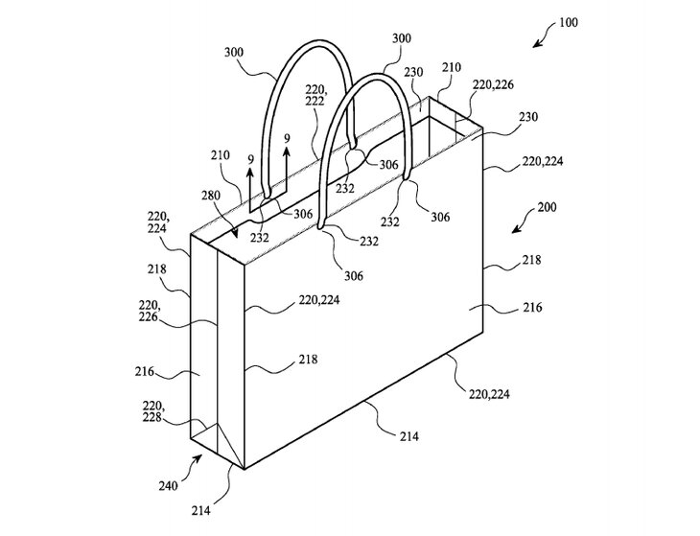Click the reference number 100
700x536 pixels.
(x=569, y=22)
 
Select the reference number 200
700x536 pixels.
(x=547, y=207)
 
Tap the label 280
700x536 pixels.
(x=211, y=196)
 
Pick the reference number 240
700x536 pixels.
(x=169, y=485)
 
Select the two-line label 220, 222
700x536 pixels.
(x=317, y=95)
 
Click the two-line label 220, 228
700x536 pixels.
(x=152, y=411)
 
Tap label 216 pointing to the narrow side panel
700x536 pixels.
(x=145, y=371)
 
